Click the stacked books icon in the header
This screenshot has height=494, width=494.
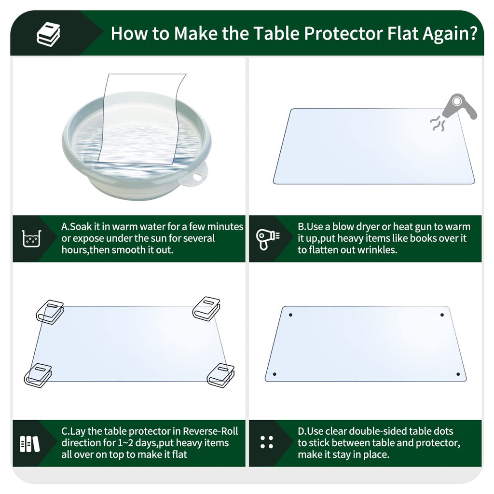[49, 34]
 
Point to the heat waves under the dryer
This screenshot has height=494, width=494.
[438, 124]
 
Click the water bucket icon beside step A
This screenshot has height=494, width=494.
[32, 238]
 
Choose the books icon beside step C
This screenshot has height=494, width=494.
[29, 443]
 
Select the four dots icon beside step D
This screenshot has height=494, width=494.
[267, 442]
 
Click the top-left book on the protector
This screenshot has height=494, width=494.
[50, 311]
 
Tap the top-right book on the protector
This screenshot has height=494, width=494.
[206, 309]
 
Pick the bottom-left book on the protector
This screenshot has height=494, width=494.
[38, 375]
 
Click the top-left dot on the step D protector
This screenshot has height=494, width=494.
[290, 315]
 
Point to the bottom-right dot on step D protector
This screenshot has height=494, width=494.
[458, 374]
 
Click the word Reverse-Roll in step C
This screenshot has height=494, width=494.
[211, 431]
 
